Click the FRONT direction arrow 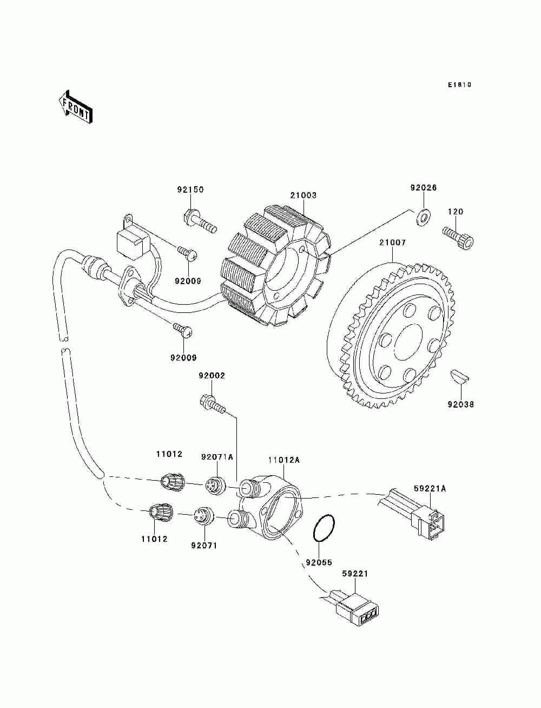coord(76,107)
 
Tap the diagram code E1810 coord(459,85)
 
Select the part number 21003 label coord(303,195)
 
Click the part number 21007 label coord(392,242)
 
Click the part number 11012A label coord(283,460)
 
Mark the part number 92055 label coord(319,562)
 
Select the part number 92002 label coord(212,376)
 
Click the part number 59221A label coord(430,489)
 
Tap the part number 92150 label coord(190,189)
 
